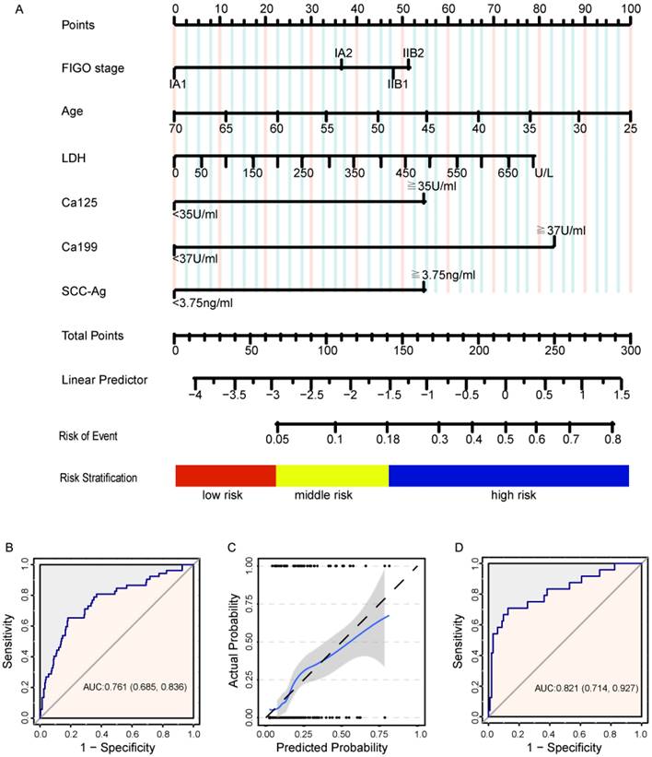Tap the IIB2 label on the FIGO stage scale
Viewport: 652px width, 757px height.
(413, 52)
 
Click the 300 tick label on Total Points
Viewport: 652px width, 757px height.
(630, 350)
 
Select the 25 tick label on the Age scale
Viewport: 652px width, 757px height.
(630, 129)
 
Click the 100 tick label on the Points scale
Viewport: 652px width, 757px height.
(630, 7)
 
